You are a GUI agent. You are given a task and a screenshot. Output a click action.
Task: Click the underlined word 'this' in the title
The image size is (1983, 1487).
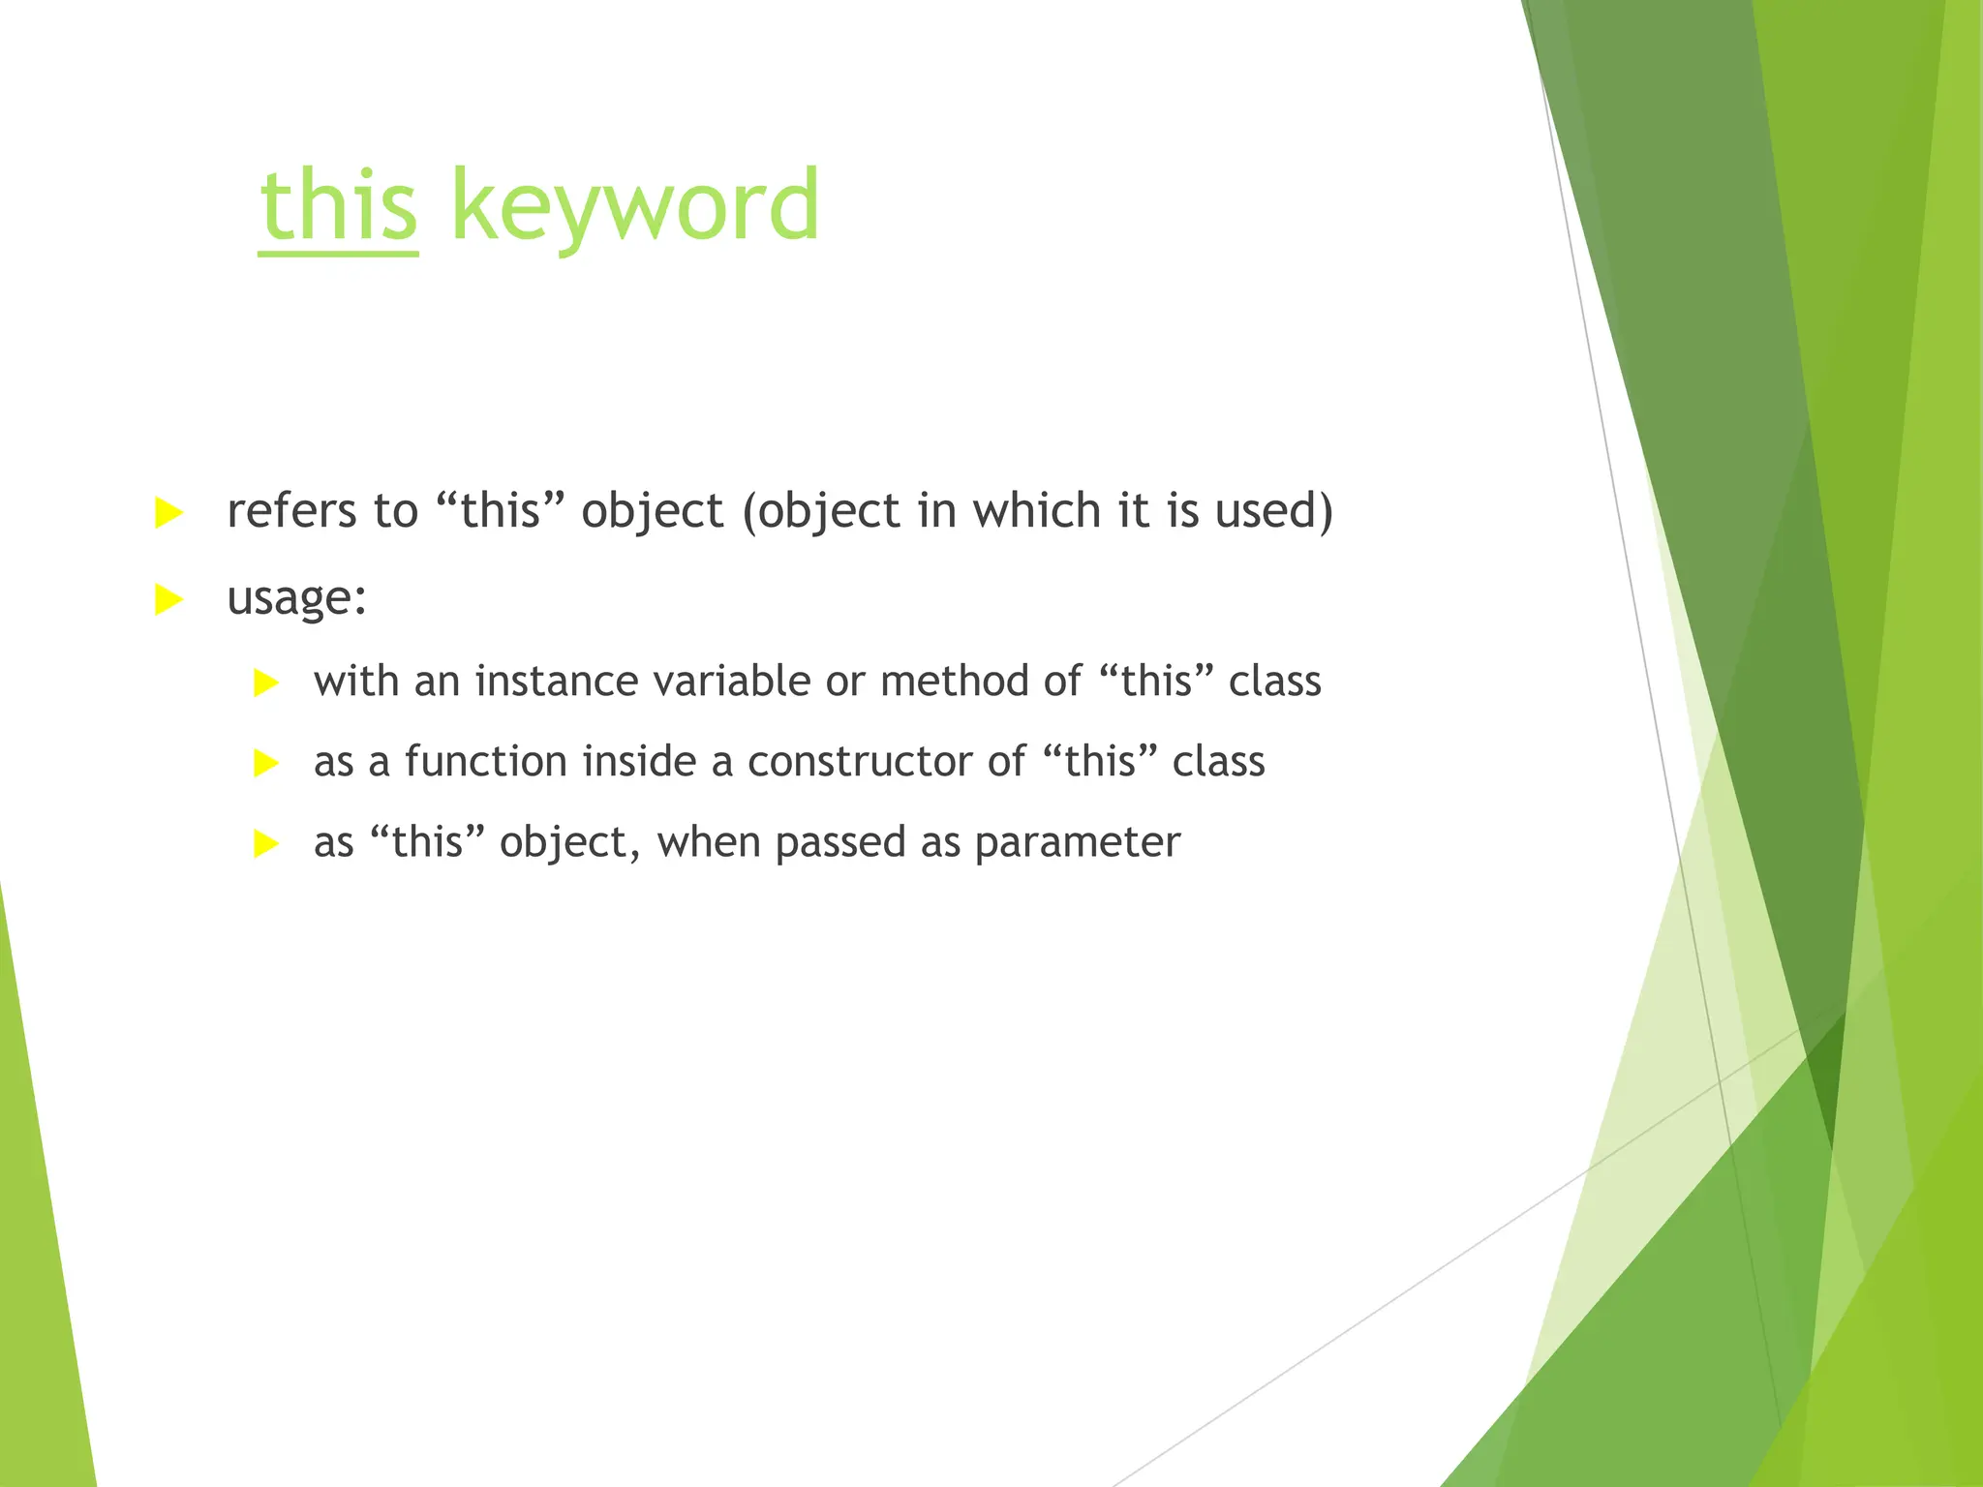click(x=339, y=206)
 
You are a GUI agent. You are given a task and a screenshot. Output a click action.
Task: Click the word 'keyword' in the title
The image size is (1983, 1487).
click(x=635, y=206)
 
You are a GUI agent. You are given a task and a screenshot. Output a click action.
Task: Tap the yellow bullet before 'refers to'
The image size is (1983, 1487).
click(x=168, y=513)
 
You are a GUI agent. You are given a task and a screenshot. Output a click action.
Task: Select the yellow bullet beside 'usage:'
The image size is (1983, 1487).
click(x=168, y=600)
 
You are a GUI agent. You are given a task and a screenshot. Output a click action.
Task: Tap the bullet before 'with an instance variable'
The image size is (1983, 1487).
click(x=265, y=683)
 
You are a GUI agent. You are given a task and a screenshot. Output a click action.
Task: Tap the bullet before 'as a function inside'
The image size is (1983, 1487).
click(x=265, y=764)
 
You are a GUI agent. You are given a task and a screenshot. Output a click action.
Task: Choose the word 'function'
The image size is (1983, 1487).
click(x=486, y=762)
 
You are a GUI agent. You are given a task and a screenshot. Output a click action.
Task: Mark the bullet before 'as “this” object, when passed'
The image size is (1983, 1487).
click(x=265, y=844)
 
